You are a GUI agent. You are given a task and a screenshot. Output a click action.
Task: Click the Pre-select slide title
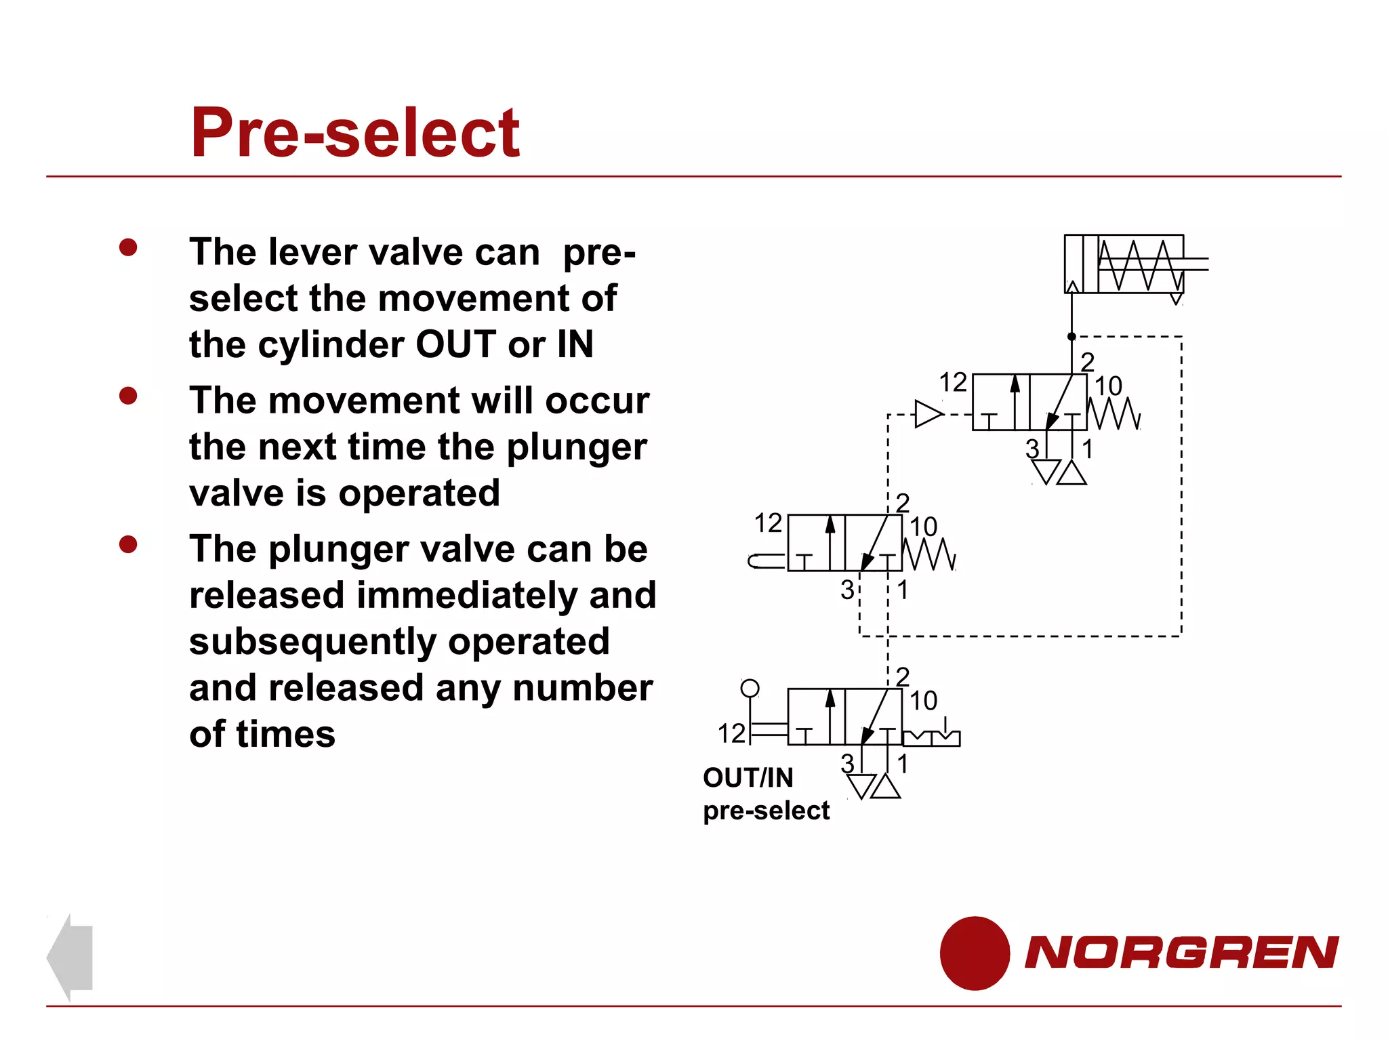pyautogui.click(x=355, y=133)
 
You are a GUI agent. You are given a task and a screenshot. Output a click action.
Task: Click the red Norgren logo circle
pyautogui.click(x=975, y=953)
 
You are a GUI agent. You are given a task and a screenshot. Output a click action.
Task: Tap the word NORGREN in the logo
pyautogui.click(x=1181, y=952)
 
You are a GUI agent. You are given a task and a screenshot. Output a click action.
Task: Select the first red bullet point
pyautogui.click(x=128, y=247)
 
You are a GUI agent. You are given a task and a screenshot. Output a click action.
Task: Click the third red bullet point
pyautogui.click(x=128, y=544)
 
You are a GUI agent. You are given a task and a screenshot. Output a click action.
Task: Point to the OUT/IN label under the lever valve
pyautogui.click(x=748, y=778)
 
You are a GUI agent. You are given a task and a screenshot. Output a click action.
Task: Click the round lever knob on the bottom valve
pyautogui.click(x=750, y=689)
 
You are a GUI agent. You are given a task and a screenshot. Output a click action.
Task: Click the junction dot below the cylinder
pyautogui.click(x=1071, y=337)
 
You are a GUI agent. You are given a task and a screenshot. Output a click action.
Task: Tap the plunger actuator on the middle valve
pyautogui.click(x=766, y=561)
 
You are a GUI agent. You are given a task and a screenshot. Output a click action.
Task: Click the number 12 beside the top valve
pyautogui.click(x=952, y=383)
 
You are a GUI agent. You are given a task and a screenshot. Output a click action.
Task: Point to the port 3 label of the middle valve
pyautogui.click(x=847, y=590)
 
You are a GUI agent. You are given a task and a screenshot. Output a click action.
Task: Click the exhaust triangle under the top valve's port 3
pyautogui.click(x=1046, y=471)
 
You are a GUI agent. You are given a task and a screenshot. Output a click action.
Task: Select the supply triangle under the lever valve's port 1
pyautogui.click(x=886, y=787)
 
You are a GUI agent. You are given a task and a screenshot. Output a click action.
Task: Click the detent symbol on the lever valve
pyautogui.click(x=932, y=736)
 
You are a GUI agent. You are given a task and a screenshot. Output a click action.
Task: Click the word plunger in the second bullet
pyautogui.click(x=576, y=447)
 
